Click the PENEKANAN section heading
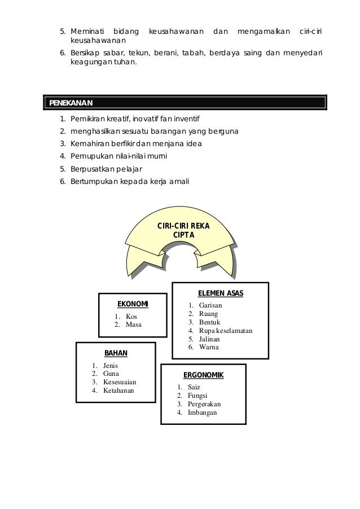tap(71, 103)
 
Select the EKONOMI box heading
tap(133, 305)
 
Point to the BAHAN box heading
tap(116, 353)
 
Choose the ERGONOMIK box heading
tap(204, 375)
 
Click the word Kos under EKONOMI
tap(131, 316)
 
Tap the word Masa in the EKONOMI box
tap(134, 324)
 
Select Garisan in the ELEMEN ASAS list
tap(210, 305)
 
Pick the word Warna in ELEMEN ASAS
tap(209, 347)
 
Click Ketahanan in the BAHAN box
tap(119, 390)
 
